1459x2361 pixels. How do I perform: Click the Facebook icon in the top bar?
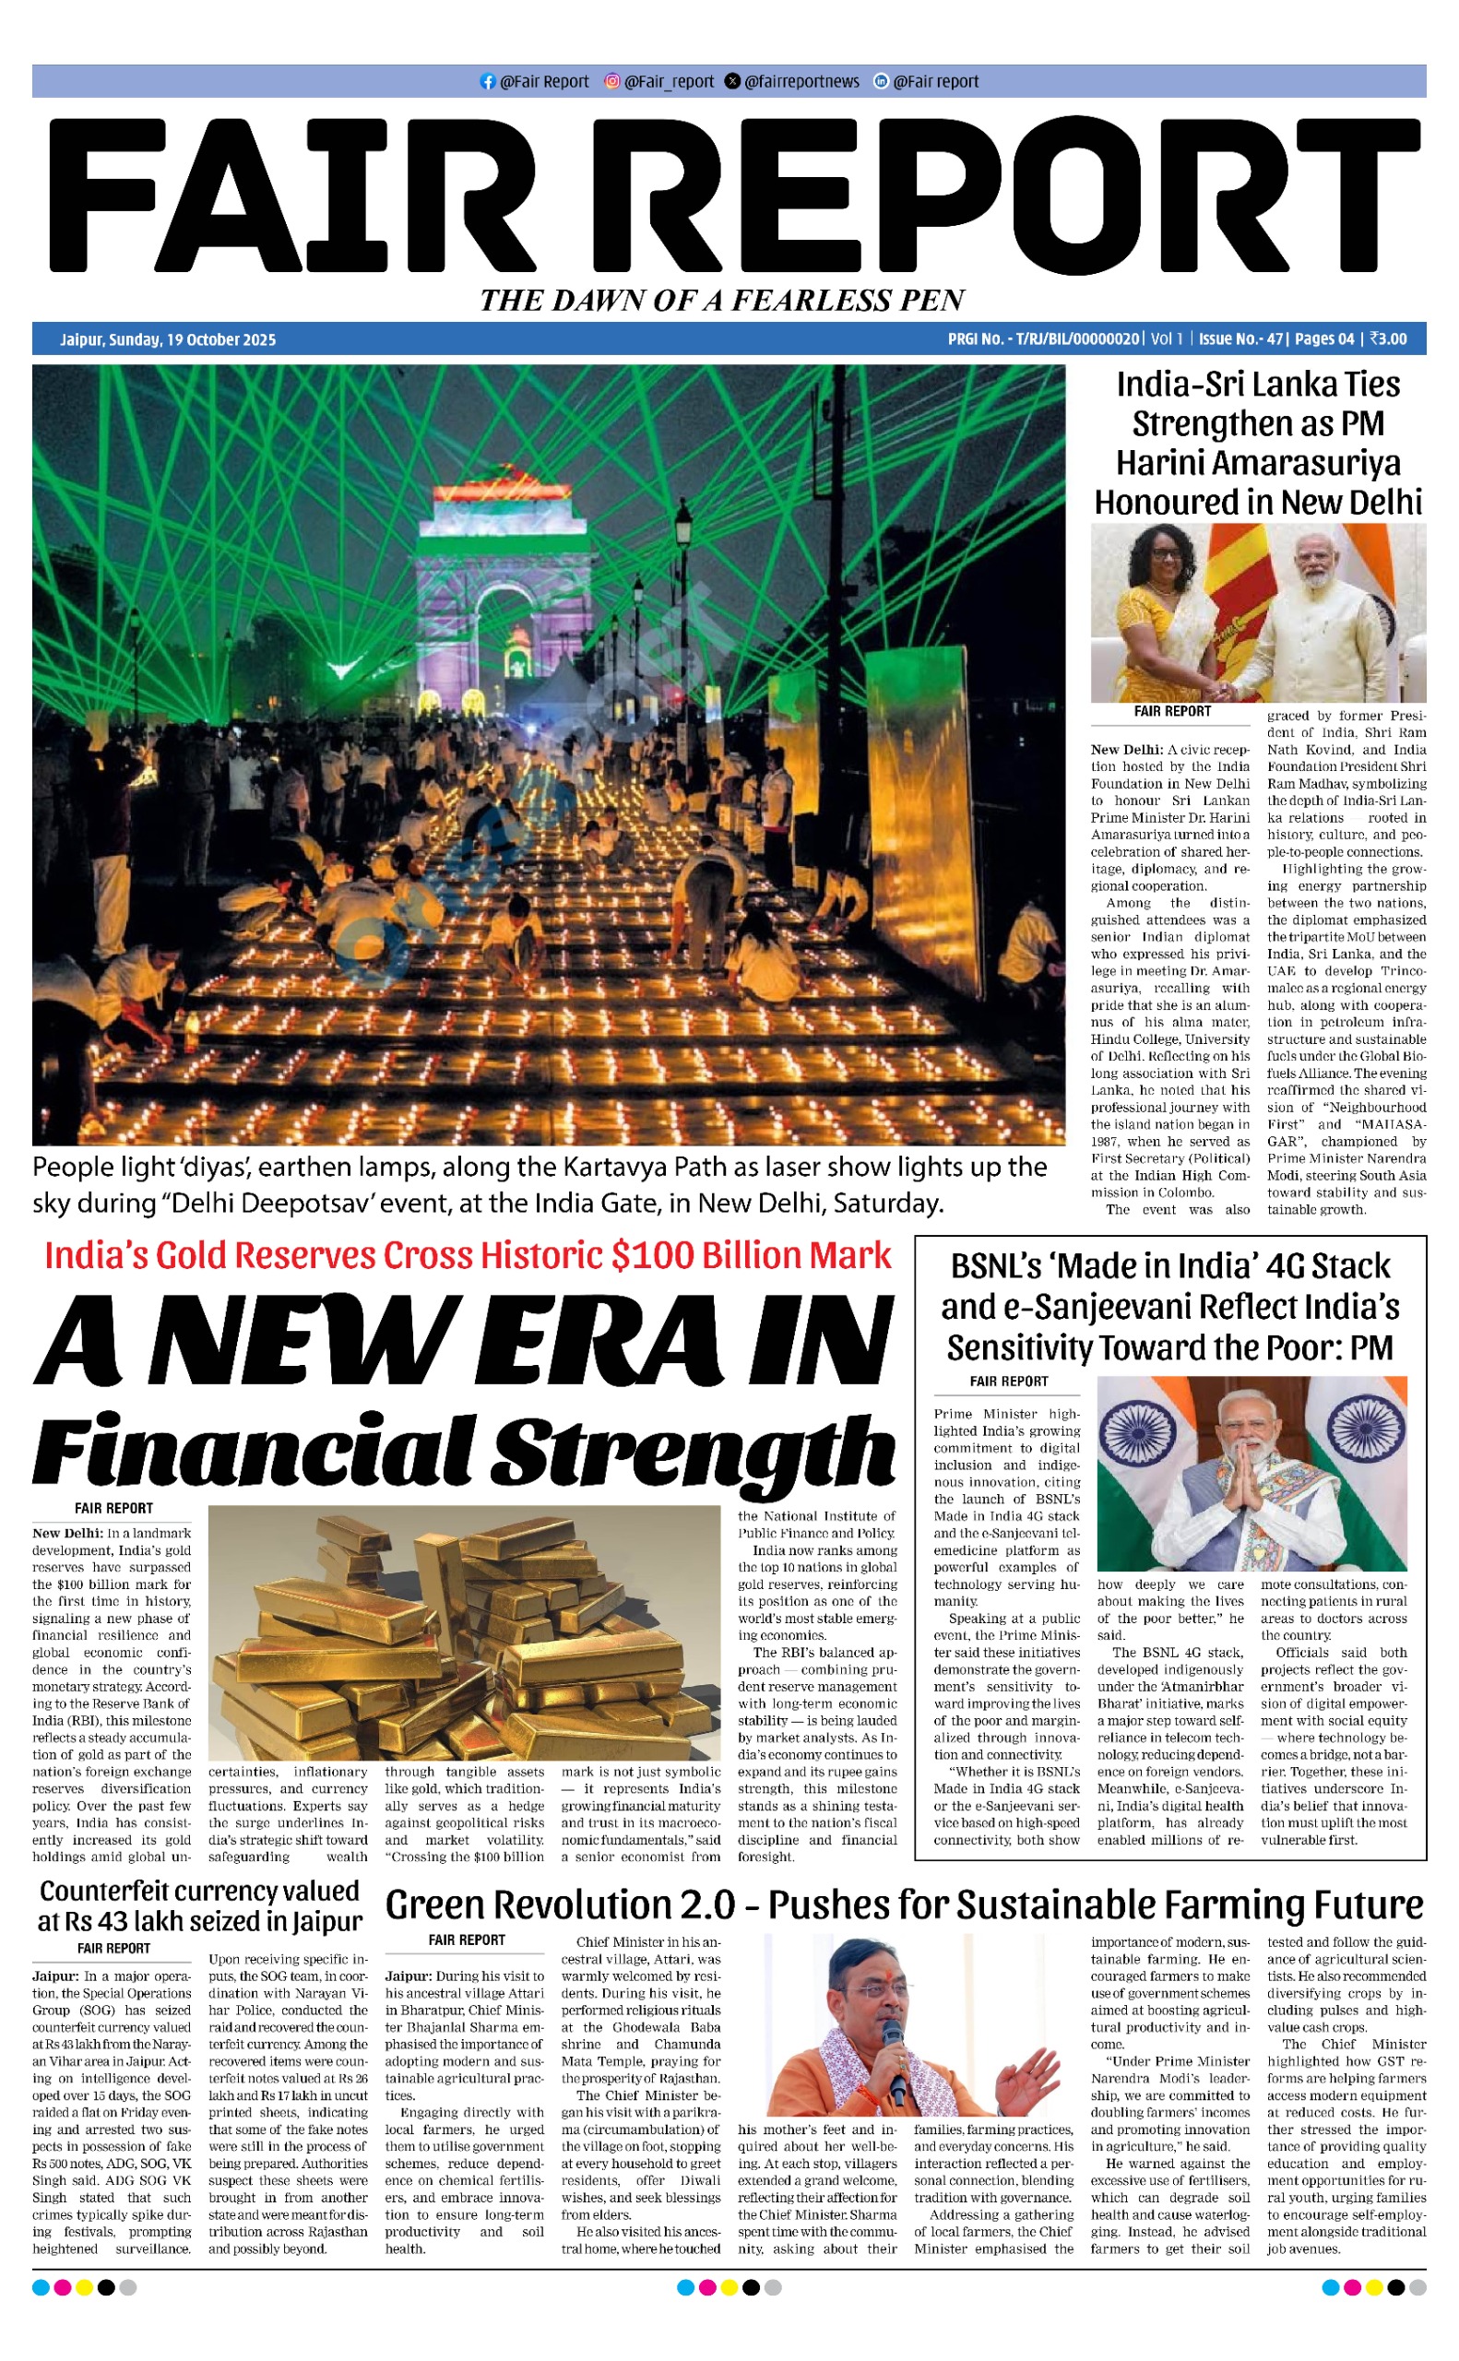[487, 82]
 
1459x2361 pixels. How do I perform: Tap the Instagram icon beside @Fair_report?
[611, 82]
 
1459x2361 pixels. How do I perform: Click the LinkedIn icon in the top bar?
[880, 82]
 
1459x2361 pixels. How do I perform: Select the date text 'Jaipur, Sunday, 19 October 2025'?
[168, 339]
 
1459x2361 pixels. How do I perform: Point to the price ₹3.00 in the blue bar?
[1389, 339]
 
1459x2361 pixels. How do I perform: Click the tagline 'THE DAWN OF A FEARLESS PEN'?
[722, 300]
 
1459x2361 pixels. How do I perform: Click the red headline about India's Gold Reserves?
[468, 1255]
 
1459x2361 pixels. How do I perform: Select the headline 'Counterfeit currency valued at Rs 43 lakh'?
[200, 1906]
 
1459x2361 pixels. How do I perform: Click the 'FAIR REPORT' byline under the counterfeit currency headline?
[113, 1948]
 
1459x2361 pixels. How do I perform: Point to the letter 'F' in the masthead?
[106, 197]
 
